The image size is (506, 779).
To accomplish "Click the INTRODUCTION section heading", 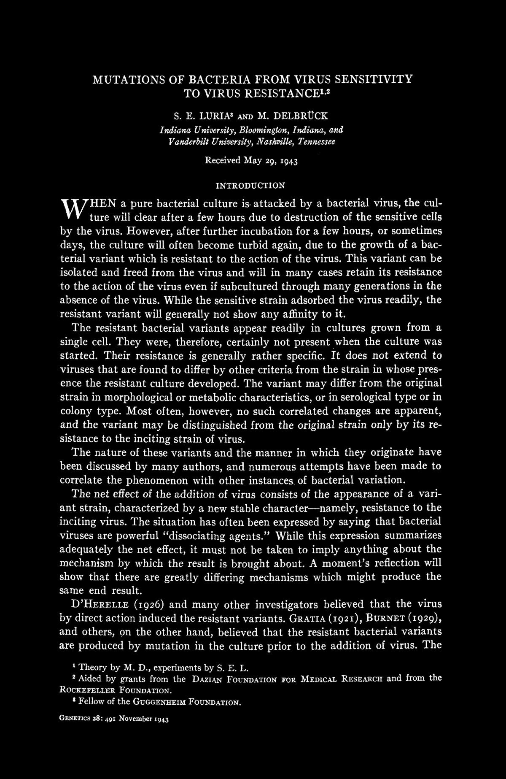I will click(250, 185).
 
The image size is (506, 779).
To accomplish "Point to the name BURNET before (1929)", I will click(380, 618).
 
